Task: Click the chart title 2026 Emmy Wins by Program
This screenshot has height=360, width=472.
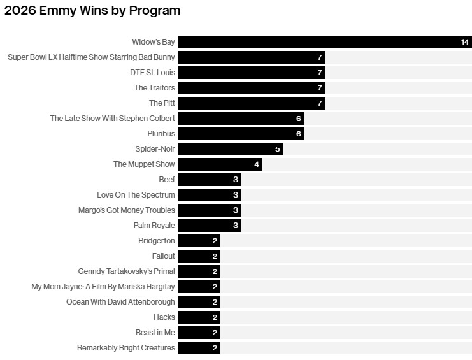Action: [92, 11]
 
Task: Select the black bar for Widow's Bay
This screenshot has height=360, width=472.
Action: [325, 42]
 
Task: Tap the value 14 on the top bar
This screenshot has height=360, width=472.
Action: [465, 42]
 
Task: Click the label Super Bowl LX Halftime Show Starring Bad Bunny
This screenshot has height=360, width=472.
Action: [91, 57]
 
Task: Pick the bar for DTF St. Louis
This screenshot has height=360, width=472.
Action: [252, 73]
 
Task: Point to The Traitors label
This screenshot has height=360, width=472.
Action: [154, 87]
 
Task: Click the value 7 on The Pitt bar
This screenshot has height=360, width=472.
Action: [320, 103]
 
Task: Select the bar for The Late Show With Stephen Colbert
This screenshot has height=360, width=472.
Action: [241, 119]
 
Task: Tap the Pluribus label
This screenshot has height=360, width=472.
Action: [161, 134]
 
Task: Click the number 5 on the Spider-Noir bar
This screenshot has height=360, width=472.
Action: [278, 149]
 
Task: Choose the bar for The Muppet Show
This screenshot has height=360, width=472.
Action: [220, 164]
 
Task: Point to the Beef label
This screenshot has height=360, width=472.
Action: [167, 180]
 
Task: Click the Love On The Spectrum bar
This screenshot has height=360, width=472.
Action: [210, 195]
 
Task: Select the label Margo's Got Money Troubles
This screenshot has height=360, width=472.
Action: [126, 210]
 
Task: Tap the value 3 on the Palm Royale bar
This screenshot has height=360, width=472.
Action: [236, 226]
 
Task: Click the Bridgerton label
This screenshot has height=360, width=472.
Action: [157, 241]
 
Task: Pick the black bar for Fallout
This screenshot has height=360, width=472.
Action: [199, 256]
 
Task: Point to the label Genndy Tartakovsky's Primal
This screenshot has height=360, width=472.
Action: [126, 271]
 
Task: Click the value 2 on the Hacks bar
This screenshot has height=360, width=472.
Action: [215, 317]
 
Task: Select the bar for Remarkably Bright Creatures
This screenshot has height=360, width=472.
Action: [199, 348]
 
